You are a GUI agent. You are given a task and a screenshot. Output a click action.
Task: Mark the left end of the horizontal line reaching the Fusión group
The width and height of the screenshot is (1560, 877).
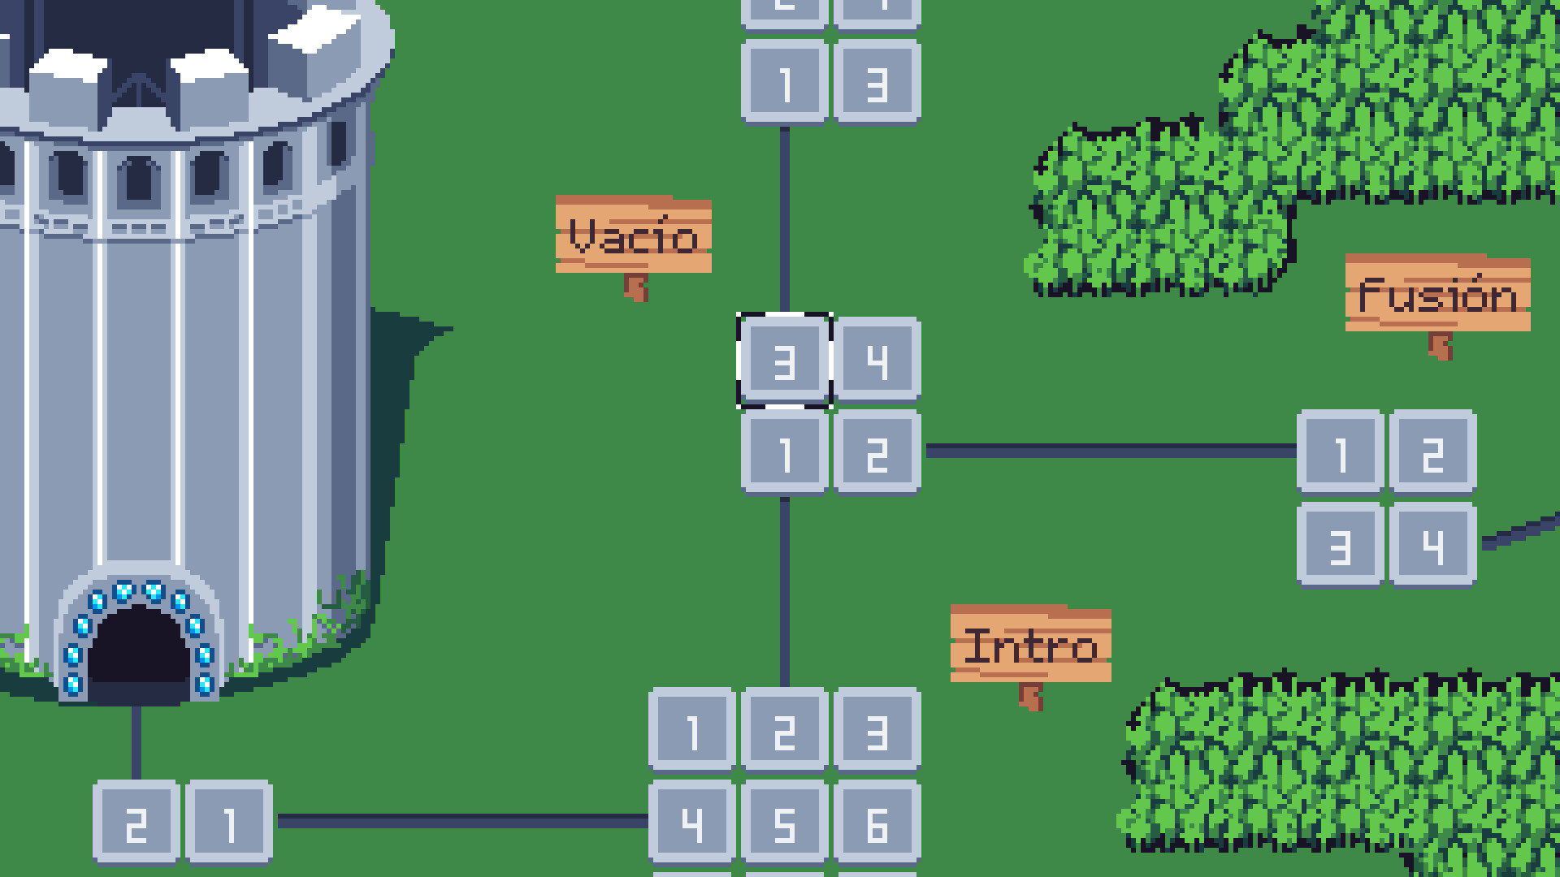tap(927, 451)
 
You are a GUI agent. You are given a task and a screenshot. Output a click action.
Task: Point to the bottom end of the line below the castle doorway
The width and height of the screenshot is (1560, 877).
tap(136, 779)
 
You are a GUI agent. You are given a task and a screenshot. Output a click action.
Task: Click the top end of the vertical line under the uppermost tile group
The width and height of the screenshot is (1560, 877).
tap(785, 128)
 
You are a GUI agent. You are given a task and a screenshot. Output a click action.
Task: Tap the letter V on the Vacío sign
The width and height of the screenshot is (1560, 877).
tap(583, 236)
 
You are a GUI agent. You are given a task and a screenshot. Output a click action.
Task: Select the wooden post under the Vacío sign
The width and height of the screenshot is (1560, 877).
tap(636, 287)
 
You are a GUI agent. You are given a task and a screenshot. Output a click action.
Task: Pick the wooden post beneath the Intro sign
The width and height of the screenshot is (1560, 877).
tap(1031, 697)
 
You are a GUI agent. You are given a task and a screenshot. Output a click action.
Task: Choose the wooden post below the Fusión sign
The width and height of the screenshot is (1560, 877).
tap(1441, 346)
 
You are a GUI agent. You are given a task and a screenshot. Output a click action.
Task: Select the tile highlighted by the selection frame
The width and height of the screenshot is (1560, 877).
tap(785, 361)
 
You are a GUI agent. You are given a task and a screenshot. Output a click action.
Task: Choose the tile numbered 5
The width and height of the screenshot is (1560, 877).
tap(785, 823)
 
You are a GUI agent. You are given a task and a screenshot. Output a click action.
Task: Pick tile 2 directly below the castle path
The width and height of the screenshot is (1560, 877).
tap(136, 823)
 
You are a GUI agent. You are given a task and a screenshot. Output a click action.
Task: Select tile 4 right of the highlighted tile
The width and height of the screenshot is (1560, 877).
tap(877, 361)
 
